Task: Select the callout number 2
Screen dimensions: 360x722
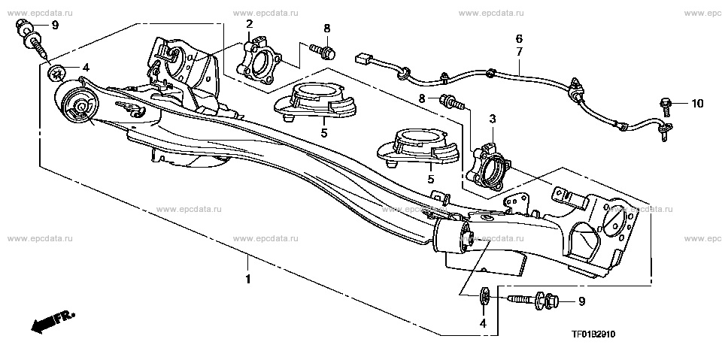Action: [249, 24]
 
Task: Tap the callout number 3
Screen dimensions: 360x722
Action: [492, 119]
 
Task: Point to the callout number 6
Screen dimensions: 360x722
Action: [518, 38]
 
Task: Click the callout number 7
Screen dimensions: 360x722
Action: [518, 52]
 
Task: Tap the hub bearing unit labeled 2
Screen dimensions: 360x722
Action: [259, 59]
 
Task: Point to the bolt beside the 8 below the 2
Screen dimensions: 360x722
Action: [322, 51]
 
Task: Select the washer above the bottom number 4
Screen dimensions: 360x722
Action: [485, 295]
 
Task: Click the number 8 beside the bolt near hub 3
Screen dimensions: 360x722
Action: [423, 98]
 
